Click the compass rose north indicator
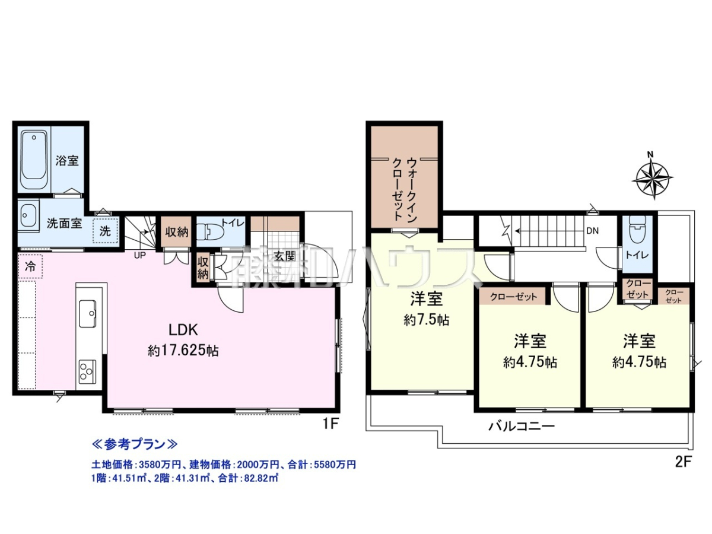pyautogui.click(x=652, y=179)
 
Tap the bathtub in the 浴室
pyautogui.click(x=34, y=160)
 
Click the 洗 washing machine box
pyautogui.click(x=105, y=231)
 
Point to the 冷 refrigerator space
pyautogui.click(x=30, y=266)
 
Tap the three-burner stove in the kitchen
pyautogui.click(x=87, y=370)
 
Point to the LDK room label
pyautogui.click(x=183, y=330)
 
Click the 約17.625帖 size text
pyautogui.click(x=183, y=351)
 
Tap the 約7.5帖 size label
pyautogui.click(x=426, y=320)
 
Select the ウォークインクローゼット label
pyautogui.click(x=405, y=189)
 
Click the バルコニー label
pyautogui.click(x=522, y=426)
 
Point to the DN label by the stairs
pyautogui.click(x=592, y=231)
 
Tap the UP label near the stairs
pyautogui.click(x=140, y=256)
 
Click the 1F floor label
pyautogui.click(x=330, y=424)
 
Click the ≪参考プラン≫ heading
pyautogui.click(x=135, y=444)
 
